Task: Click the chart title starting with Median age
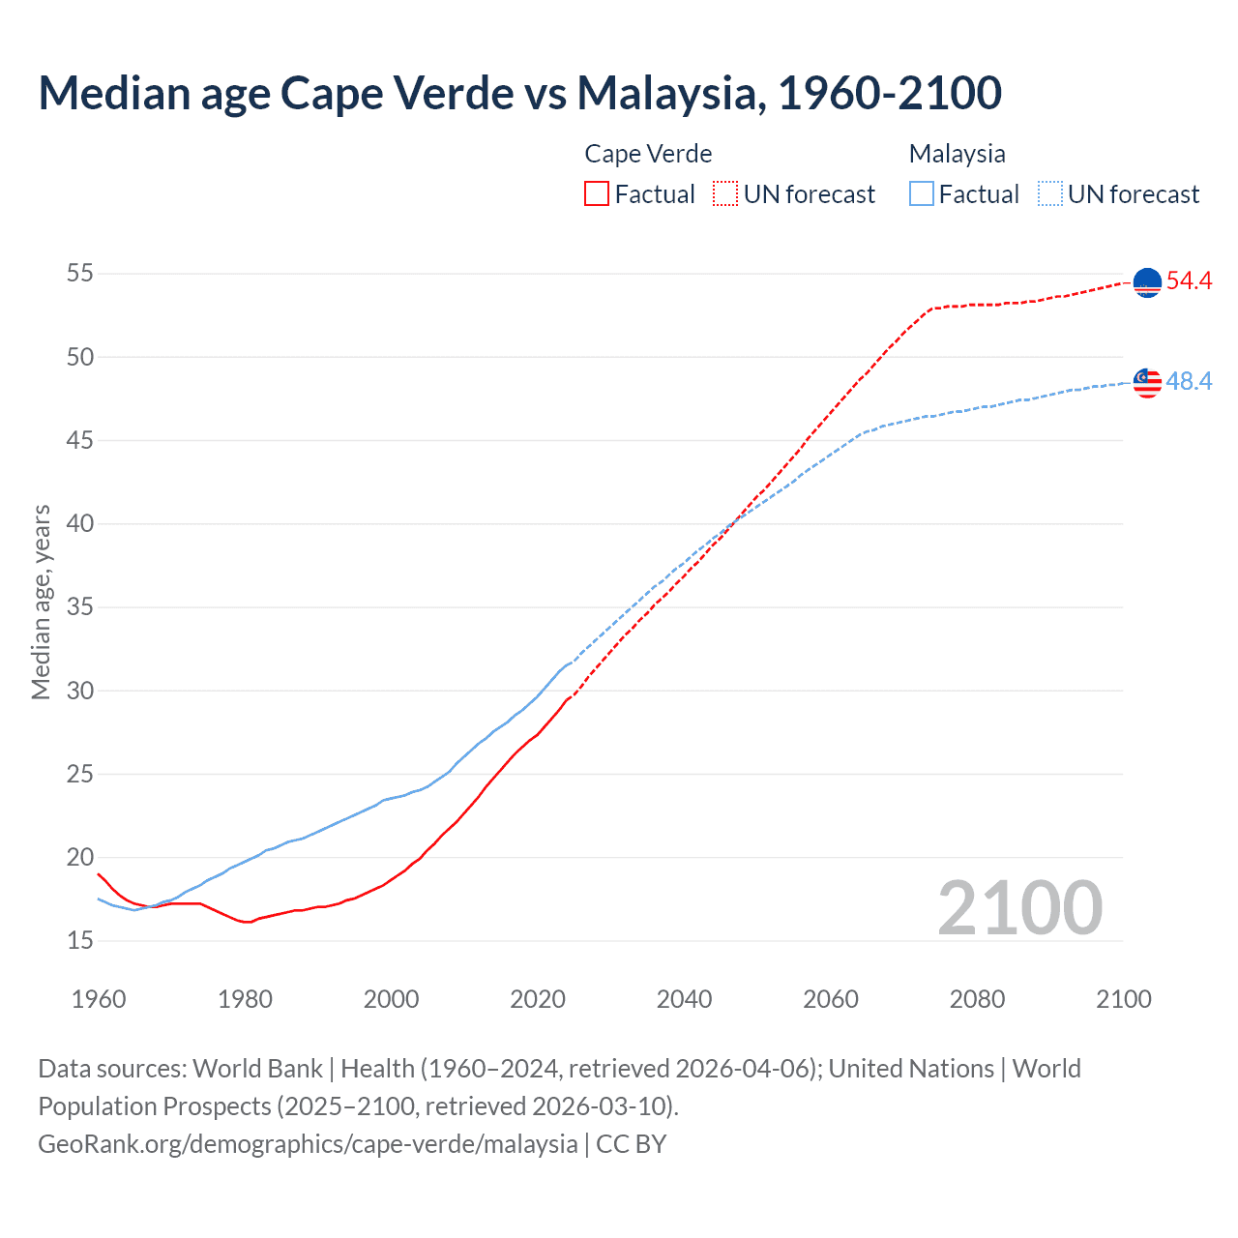[x=519, y=93]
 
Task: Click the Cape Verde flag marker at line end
[x=1147, y=282]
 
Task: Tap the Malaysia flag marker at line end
[x=1147, y=382]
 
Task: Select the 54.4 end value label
[x=1189, y=281]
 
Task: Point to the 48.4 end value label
[x=1189, y=382]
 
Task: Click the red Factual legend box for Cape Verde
[x=597, y=194]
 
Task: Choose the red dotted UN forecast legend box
[x=725, y=194]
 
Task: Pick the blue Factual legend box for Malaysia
[x=922, y=194]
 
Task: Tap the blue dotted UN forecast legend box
[x=1050, y=194]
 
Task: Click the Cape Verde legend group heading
[x=648, y=154]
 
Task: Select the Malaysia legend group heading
[x=957, y=154]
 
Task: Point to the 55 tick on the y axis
[x=80, y=274]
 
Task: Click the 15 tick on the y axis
[x=80, y=941]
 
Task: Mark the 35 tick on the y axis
[x=80, y=607]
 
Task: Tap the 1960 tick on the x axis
[x=99, y=999]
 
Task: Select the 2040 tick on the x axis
[x=684, y=999]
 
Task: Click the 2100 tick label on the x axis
[x=1123, y=999]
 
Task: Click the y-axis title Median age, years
[x=41, y=602]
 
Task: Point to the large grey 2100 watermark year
[x=1019, y=908]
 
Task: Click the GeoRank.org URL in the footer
[x=308, y=1144]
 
